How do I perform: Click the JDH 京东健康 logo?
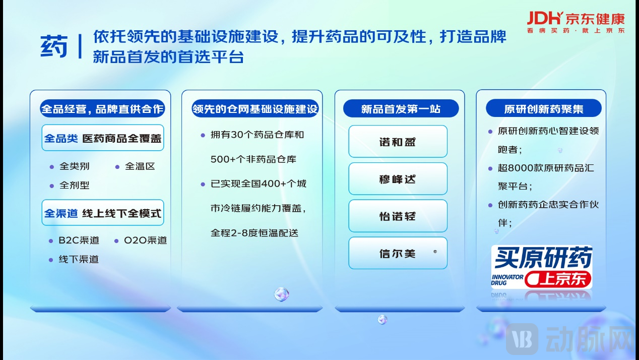pos(576,22)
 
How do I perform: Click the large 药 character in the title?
pos(54,47)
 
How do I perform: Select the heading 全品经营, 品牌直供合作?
pos(102,109)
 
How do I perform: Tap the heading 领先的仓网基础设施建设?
pos(254,109)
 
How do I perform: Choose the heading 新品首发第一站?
pos(401,109)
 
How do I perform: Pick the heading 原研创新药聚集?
pos(543,109)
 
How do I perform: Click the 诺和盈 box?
pos(398,142)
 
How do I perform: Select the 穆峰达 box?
pos(398,179)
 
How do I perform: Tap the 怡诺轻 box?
pos(398,216)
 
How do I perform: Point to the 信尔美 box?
pos(398,254)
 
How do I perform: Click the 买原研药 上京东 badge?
pos(542,267)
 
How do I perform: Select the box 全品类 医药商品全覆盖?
pos(103,138)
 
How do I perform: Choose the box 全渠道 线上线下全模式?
pos(103,213)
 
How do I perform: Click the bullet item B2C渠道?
pos(79,241)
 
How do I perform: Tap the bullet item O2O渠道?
pos(145,241)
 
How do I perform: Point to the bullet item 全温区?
pos(140,166)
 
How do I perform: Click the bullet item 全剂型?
pos(74,186)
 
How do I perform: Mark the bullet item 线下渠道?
pos(79,260)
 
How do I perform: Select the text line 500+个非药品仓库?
pos(253,159)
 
